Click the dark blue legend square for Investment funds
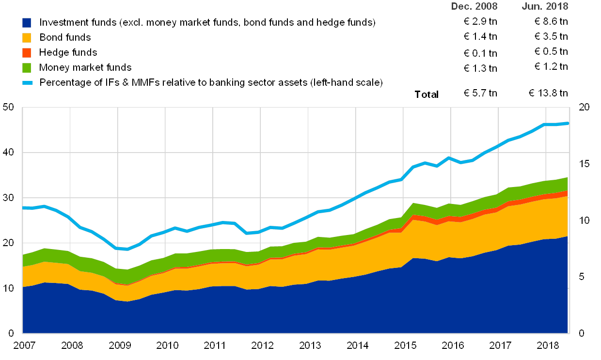coord(27,22)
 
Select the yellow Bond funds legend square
coord(27,37)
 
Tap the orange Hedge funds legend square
coord(27,52)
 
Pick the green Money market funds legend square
coord(27,67)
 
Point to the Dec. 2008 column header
coord(474,6)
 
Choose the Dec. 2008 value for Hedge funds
coord(481,52)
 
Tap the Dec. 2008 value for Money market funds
coord(481,67)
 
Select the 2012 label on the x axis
coord(262,345)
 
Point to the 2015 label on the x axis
coord(405,345)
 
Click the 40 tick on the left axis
coord(9,152)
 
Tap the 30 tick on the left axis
coord(9,198)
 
